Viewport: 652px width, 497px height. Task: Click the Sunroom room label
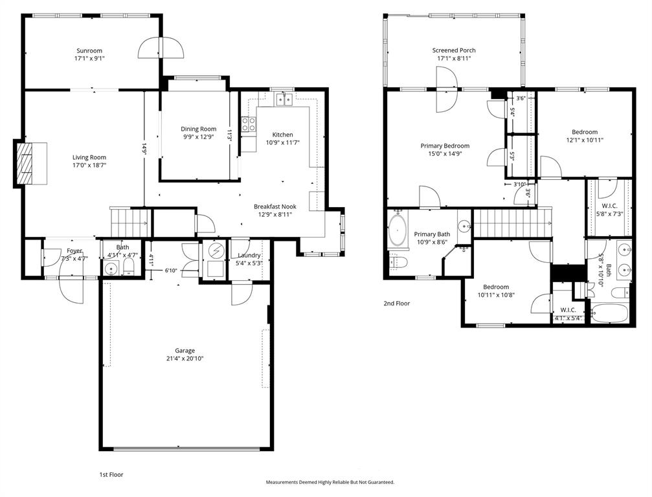pyautogui.click(x=89, y=50)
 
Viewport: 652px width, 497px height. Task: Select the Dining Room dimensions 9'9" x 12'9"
pyautogui.click(x=198, y=137)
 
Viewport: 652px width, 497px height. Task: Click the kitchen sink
pyautogui.click(x=284, y=100)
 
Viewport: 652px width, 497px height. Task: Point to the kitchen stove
pyautogui.click(x=248, y=124)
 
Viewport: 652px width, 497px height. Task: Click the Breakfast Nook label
pyautogui.click(x=275, y=206)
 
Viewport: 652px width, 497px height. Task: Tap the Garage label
pyautogui.click(x=184, y=350)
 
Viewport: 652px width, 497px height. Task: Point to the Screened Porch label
pyautogui.click(x=454, y=50)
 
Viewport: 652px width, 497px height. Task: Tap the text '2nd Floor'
pyautogui.click(x=396, y=303)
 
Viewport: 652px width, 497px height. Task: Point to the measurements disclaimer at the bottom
pyautogui.click(x=330, y=482)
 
